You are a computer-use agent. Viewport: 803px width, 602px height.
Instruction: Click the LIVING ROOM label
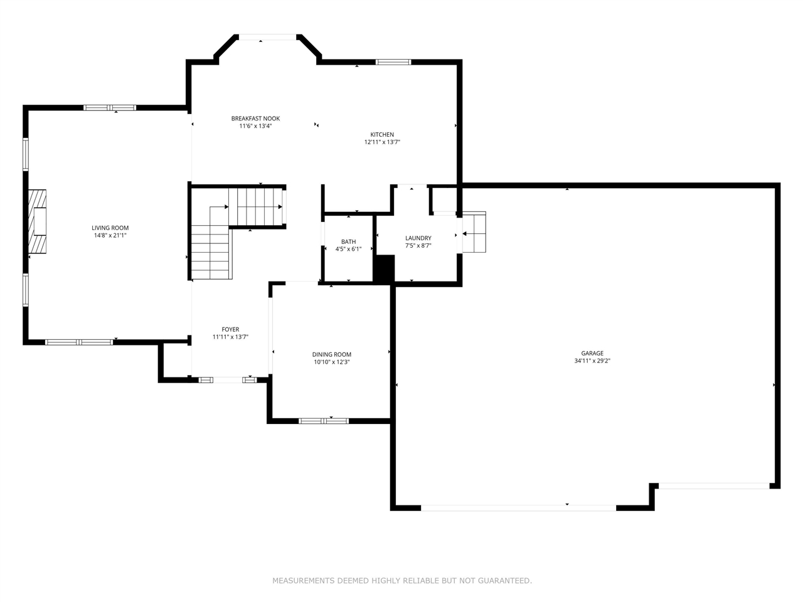(x=110, y=228)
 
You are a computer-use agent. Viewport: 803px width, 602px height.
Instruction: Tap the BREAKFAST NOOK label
(x=255, y=119)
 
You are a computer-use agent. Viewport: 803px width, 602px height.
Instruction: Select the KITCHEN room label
(x=382, y=135)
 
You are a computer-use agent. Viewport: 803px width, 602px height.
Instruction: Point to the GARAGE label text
(x=592, y=354)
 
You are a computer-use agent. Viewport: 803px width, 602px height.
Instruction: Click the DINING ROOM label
(x=332, y=355)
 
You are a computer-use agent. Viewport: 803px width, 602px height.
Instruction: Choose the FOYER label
(x=230, y=330)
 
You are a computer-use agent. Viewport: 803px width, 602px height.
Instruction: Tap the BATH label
(x=348, y=242)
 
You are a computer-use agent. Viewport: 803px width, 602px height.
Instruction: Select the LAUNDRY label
(x=418, y=238)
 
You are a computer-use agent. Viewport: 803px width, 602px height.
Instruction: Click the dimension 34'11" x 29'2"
(x=592, y=361)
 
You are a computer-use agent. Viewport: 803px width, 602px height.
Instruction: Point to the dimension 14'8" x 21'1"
(x=110, y=236)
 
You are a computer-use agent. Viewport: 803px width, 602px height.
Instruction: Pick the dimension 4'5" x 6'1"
(x=348, y=250)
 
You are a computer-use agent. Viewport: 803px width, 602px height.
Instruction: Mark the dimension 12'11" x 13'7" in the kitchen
(x=382, y=142)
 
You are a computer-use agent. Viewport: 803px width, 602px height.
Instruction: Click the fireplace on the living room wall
(x=38, y=221)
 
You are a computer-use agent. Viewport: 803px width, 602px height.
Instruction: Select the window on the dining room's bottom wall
(x=324, y=421)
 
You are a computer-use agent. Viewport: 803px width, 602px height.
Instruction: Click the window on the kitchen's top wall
(x=393, y=62)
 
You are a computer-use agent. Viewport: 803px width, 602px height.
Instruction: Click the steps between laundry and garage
(x=474, y=233)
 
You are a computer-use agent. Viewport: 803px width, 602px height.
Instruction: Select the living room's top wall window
(x=110, y=108)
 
